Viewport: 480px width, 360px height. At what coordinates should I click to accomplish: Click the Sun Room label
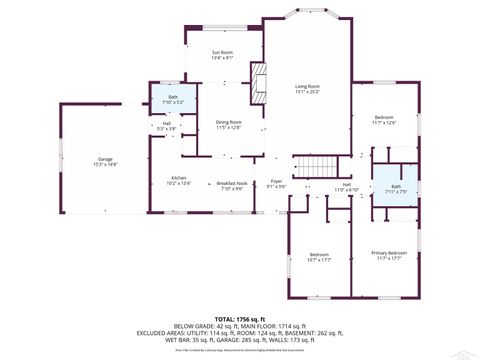point(222,54)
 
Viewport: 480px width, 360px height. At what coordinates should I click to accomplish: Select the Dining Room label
point(229,124)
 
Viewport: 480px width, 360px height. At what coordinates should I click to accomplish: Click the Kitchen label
point(177,181)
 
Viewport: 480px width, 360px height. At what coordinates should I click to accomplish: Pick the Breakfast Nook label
point(233,186)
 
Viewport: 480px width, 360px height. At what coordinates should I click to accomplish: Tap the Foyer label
point(276,185)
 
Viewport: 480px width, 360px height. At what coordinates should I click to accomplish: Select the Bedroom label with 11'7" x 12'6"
point(385,120)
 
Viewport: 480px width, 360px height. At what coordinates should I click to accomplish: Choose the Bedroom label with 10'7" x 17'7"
point(319,257)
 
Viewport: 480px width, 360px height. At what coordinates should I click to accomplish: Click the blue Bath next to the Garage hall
point(173,99)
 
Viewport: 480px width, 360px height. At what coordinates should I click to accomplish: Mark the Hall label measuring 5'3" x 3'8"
point(166,126)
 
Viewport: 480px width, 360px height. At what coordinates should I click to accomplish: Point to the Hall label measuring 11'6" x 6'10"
point(347,187)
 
